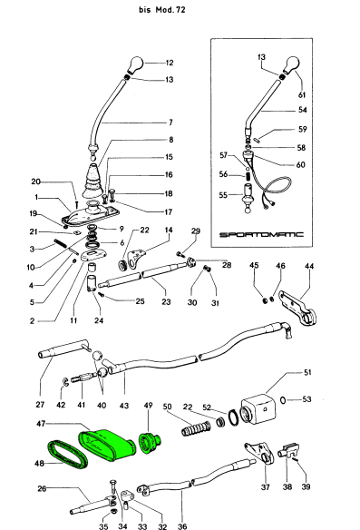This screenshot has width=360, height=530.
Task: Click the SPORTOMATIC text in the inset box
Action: coord(262,234)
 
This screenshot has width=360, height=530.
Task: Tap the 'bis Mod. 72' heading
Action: coord(162,10)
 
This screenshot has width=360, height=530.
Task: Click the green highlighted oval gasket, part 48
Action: coord(67,455)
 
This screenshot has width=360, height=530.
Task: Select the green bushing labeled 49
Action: coord(150,442)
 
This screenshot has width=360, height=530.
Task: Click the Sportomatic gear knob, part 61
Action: coord(292,65)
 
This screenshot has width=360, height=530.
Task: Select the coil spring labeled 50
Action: coord(196,429)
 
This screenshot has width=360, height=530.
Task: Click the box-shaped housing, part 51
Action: coord(258,409)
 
